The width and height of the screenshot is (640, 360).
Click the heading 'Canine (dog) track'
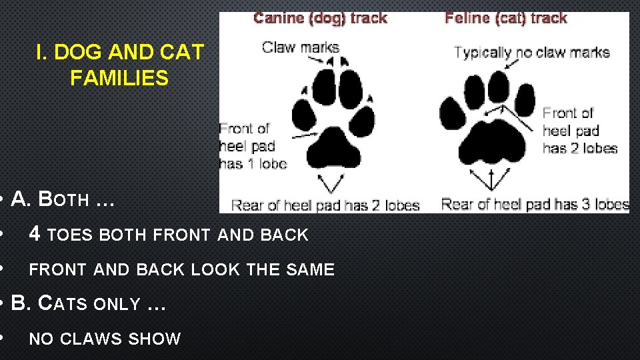point(320,18)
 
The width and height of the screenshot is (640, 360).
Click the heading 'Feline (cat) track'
point(506,18)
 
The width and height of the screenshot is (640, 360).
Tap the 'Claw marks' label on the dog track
point(300,47)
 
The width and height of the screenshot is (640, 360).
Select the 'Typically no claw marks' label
point(532,52)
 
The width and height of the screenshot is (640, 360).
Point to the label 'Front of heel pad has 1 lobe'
point(253,145)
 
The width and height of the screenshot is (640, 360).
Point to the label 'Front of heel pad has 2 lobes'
point(579,131)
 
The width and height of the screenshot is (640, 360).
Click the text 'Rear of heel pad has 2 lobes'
point(325,205)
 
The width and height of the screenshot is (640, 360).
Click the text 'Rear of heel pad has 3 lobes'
point(535,204)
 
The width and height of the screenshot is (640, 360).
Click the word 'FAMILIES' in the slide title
point(119,79)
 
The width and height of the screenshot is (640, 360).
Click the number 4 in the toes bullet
point(35,234)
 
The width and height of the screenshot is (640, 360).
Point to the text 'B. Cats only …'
point(88,304)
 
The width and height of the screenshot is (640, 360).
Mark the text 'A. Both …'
point(63,199)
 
